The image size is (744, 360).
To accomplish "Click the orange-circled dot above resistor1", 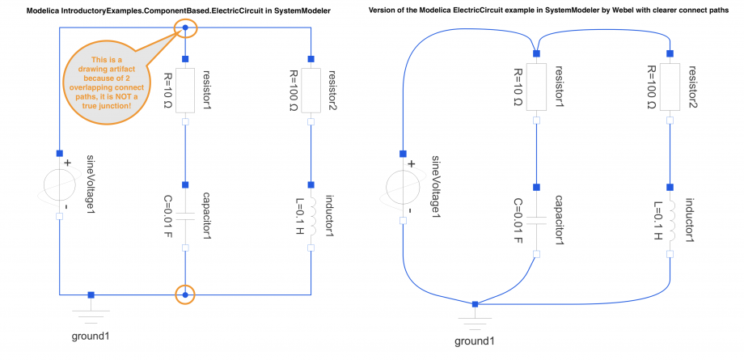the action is click(x=185, y=28).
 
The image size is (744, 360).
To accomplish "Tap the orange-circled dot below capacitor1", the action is click(x=185, y=295).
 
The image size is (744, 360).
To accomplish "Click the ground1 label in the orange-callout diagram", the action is click(x=91, y=337).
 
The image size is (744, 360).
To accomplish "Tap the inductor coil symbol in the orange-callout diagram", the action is click(x=312, y=217).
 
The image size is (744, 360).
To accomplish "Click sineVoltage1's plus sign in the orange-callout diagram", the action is click(x=67, y=163).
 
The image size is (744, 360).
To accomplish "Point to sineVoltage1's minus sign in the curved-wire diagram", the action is click(x=409, y=210).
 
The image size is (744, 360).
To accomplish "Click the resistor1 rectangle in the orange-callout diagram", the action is click(x=185, y=91).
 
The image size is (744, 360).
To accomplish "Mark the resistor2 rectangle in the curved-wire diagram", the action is click(x=670, y=88).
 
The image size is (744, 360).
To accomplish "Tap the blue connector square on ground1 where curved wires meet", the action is click(x=475, y=304).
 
